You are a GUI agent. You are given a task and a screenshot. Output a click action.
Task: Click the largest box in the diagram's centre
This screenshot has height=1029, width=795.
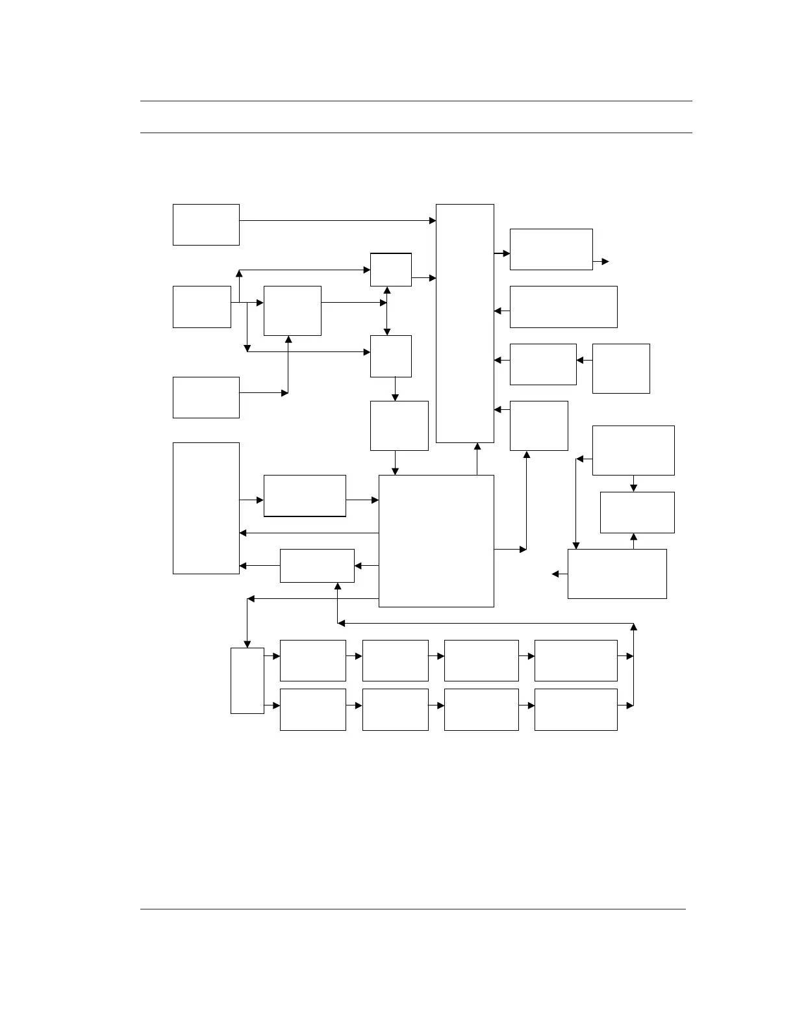point(436,540)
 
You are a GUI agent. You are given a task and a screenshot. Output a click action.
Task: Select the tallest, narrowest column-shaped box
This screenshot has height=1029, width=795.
point(464,323)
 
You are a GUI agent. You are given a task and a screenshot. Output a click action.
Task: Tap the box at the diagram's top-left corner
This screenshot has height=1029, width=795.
point(206,224)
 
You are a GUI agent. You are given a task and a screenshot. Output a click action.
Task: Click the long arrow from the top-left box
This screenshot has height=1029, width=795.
point(337,221)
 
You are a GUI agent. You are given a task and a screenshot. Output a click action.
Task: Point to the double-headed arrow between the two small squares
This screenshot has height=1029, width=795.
point(387,311)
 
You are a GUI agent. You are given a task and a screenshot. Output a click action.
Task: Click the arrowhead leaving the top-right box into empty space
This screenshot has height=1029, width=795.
point(605,261)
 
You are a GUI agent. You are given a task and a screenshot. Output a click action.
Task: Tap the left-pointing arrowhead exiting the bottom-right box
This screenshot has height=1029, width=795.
point(555,574)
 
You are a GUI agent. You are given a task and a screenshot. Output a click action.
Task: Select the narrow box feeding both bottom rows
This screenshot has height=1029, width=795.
point(247,680)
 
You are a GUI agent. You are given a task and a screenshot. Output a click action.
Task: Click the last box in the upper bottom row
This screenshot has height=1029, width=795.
point(575,660)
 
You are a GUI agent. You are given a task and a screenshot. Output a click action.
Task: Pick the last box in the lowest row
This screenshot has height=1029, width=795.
point(575,709)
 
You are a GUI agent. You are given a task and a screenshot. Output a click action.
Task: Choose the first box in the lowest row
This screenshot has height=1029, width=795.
point(312,709)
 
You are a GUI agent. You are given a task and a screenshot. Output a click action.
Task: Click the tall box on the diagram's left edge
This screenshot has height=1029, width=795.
point(206,508)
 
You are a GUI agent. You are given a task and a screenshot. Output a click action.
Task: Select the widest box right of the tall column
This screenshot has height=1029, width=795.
point(563,307)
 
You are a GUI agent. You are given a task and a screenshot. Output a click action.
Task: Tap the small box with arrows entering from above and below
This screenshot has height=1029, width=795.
point(637,512)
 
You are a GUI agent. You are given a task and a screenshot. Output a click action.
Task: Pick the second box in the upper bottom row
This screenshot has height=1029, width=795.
point(395,660)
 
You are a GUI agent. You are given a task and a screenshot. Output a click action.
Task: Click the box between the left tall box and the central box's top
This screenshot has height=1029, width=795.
point(305,496)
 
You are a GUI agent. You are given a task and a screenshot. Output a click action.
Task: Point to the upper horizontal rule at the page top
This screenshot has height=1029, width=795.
point(416,101)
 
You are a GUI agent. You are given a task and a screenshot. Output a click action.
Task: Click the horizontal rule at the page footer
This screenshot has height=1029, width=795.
point(412,909)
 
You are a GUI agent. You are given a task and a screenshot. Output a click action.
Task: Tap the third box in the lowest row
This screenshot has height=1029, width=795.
point(481,709)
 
